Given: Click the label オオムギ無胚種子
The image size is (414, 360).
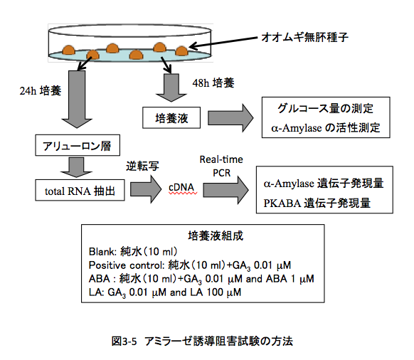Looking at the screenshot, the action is [x=304, y=37].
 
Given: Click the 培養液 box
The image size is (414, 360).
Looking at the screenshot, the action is [x=171, y=118].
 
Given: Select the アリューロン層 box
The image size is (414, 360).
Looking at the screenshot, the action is [x=78, y=145].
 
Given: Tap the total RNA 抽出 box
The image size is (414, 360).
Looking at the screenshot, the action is [x=80, y=190].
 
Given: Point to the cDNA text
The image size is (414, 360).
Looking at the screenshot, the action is [x=181, y=187].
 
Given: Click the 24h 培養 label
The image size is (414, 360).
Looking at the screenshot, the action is [x=41, y=91].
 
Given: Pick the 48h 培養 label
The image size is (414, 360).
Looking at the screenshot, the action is [x=213, y=83].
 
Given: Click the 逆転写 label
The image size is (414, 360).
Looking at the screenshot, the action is [x=142, y=166].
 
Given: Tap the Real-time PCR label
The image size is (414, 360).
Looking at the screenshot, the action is [x=221, y=166].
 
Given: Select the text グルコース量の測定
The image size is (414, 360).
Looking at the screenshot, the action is [x=325, y=109].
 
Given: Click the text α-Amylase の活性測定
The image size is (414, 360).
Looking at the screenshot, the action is [x=326, y=128].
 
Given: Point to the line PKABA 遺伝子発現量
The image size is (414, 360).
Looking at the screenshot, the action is [x=317, y=203].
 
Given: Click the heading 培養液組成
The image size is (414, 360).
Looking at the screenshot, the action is [x=216, y=235].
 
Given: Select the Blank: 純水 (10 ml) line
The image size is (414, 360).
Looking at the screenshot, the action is [x=133, y=251].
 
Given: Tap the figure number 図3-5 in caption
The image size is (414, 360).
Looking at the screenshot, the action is [x=124, y=342].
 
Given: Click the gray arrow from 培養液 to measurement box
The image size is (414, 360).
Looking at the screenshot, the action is [x=230, y=118].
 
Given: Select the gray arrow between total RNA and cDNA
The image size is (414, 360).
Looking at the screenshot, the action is [x=146, y=189].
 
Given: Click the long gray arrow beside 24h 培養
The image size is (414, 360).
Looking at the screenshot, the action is [x=77, y=100].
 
